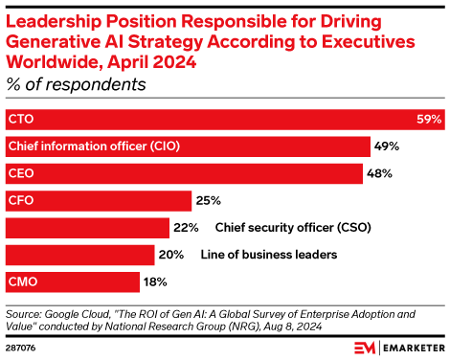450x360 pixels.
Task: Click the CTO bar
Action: click(225, 120)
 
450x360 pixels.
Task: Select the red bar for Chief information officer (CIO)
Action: click(188, 146)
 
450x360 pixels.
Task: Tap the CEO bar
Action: click(184, 173)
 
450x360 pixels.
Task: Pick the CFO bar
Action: click(98, 201)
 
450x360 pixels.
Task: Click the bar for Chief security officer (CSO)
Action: click(86, 228)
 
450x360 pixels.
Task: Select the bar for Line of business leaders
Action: click(79, 255)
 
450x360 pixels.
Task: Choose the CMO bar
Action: click(72, 281)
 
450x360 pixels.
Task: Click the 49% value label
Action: click(387, 146)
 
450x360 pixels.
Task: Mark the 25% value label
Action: click(209, 201)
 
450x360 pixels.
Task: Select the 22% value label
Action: click(186, 228)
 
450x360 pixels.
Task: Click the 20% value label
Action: click(172, 255)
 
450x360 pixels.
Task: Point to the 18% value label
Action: click(155, 281)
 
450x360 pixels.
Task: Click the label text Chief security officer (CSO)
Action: click(292, 228)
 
